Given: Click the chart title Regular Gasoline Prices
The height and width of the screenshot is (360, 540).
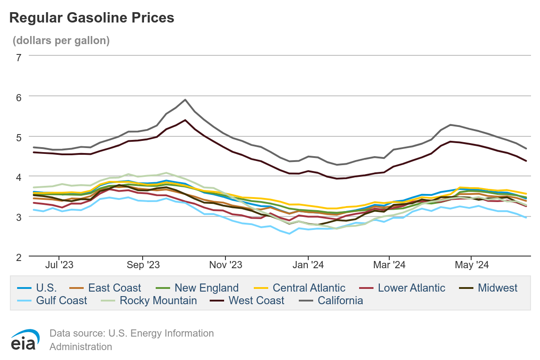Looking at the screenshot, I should click(x=91, y=18).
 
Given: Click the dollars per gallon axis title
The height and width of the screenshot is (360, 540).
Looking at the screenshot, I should click(x=61, y=40).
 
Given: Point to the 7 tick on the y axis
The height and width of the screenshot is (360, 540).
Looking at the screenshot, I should click(x=18, y=57).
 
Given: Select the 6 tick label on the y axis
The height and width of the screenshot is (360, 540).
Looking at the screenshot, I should click(x=18, y=96).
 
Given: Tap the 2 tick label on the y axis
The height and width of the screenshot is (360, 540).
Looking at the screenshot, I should click(x=18, y=257).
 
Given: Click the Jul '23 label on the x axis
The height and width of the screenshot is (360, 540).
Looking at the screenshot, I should click(x=59, y=265).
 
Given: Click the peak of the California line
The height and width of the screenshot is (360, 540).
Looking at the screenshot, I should click(x=185, y=100).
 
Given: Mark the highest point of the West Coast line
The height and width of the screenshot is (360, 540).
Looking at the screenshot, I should click(x=185, y=120).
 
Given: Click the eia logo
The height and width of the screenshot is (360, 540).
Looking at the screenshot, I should click(x=26, y=339).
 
